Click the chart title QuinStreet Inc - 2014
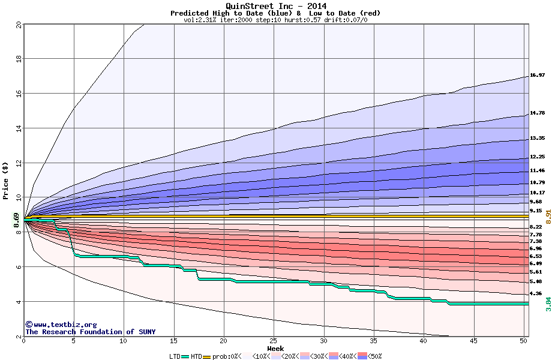[276, 6]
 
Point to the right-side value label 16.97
[537, 76]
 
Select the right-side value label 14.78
[537, 113]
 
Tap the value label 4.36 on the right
[536, 293]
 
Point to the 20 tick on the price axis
[19, 25]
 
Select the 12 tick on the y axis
[19, 163]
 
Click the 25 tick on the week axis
[274, 341]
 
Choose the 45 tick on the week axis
[473, 341]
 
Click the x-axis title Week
[275, 348]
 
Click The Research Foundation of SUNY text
[90, 332]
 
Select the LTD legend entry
[175, 356]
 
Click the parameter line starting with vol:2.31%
[275, 20]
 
